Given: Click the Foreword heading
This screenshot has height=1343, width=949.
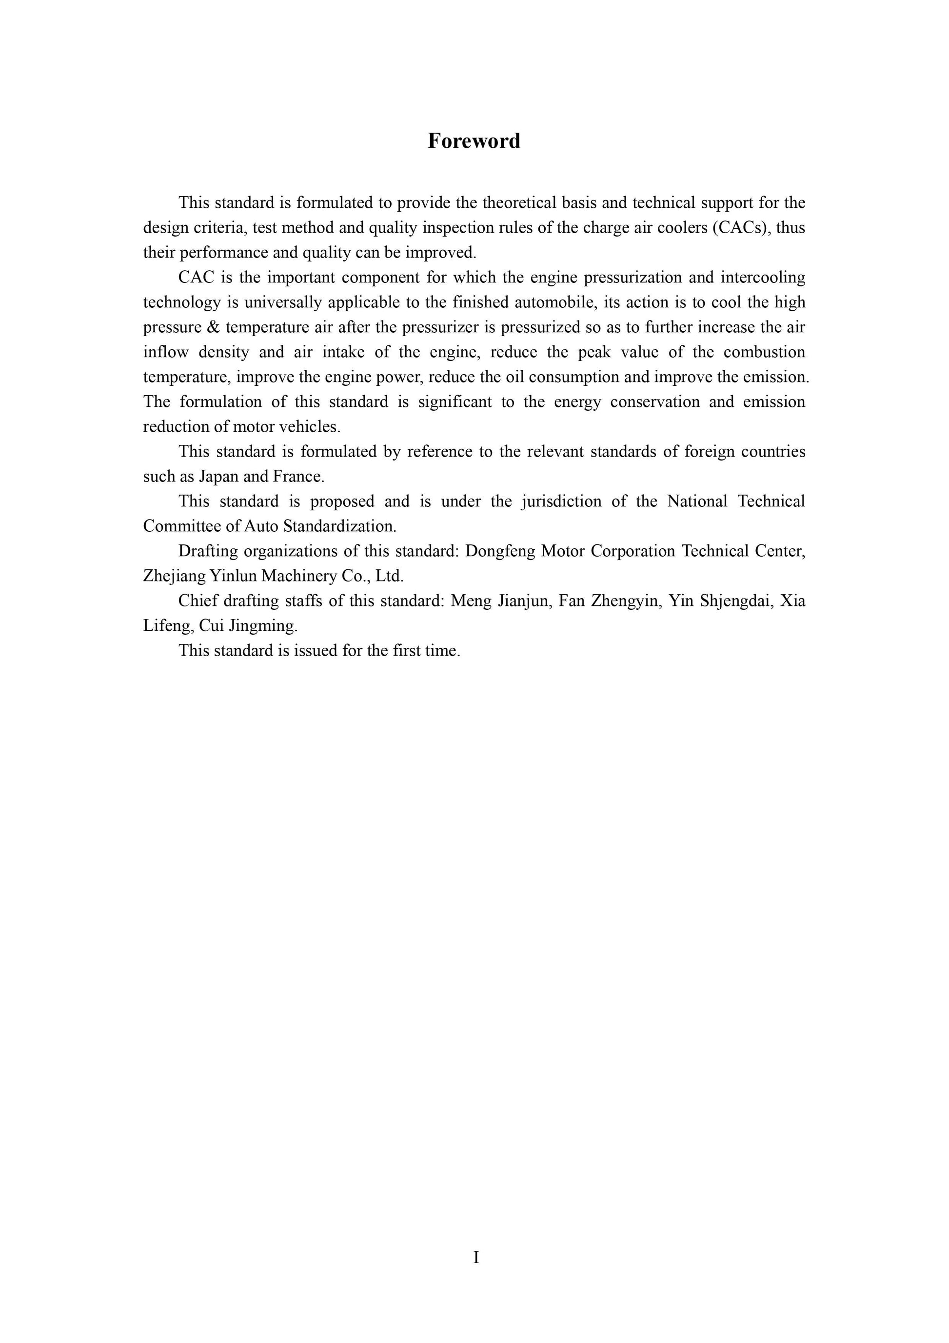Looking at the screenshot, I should [474, 141].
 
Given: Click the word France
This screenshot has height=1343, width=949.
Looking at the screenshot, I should [297, 477].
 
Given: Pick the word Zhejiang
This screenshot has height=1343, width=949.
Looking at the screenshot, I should [174, 576].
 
